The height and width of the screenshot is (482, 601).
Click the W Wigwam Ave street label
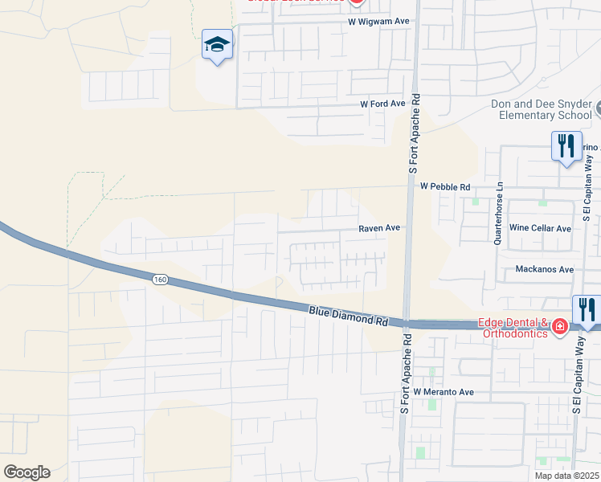coord(379,22)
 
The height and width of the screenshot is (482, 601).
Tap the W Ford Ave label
coord(382,104)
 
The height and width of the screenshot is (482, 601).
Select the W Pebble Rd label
coord(445,186)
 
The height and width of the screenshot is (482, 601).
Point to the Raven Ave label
coord(379,228)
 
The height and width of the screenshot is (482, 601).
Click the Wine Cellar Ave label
coord(540,228)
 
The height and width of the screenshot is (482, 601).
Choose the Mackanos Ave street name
coord(545,269)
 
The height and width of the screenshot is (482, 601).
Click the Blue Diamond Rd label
coord(348,314)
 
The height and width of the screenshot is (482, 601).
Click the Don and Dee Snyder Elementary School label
coord(545,110)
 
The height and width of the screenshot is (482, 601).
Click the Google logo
coord(27,472)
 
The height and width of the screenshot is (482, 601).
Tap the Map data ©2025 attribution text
coord(566,476)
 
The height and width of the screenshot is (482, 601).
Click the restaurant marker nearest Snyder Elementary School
coord(566,146)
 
